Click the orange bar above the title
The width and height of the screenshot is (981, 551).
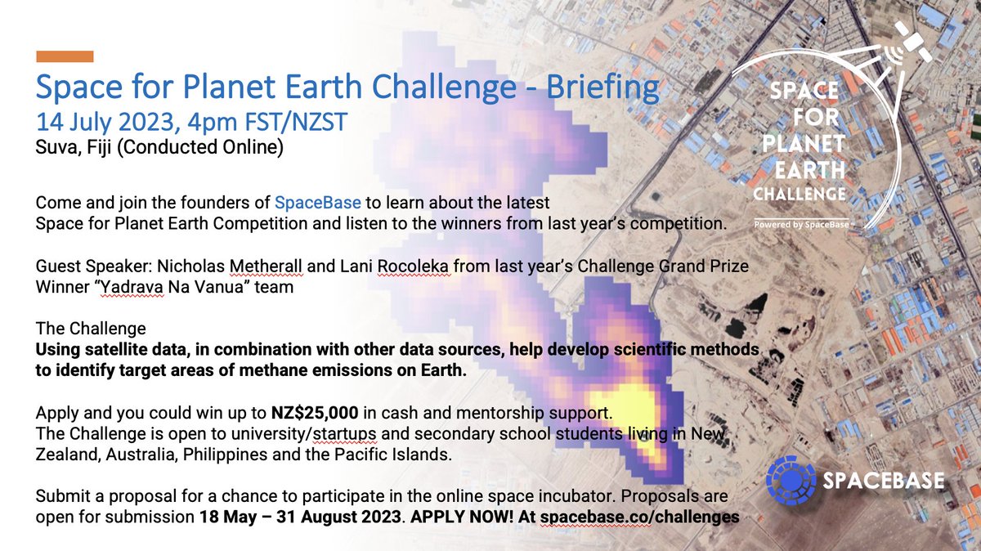(65, 56)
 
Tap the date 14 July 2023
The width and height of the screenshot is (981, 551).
(106, 123)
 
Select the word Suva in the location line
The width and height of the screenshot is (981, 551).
(53, 149)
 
